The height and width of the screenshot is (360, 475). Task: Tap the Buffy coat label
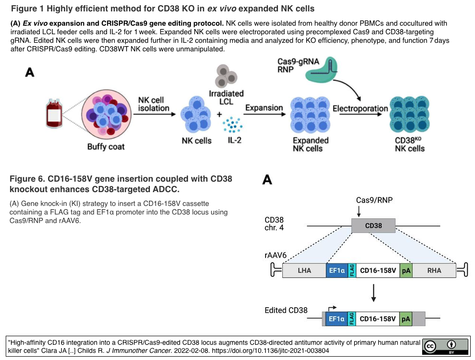pyautogui.click(x=106, y=146)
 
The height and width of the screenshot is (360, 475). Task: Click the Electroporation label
pyautogui.click(x=360, y=108)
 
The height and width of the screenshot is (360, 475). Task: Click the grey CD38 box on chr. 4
pyautogui.click(x=373, y=226)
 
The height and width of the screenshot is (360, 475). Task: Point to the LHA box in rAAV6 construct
pyautogui.click(x=304, y=271)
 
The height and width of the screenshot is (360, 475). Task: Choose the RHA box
pyautogui.click(x=434, y=271)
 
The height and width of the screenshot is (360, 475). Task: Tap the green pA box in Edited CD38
pyautogui.click(x=406, y=319)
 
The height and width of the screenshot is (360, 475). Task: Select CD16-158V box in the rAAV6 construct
pyautogui.click(x=378, y=271)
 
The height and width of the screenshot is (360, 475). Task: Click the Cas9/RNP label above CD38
pyautogui.click(x=374, y=200)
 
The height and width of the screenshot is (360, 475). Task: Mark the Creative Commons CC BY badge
pyautogui.click(x=445, y=346)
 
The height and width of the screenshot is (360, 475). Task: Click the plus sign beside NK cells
pyautogui.click(x=219, y=115)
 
